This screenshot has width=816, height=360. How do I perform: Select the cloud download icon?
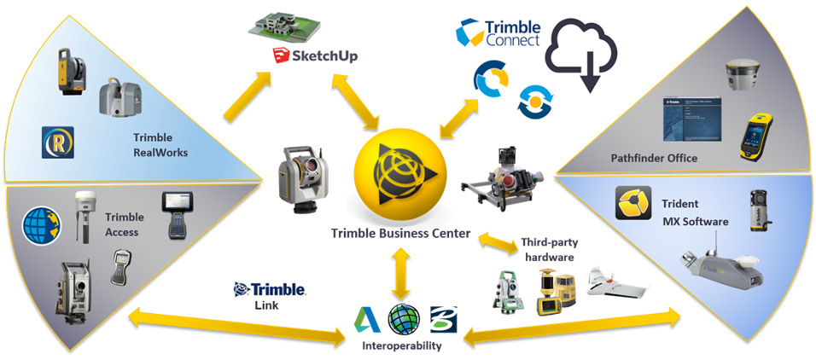click(x=586, y=54)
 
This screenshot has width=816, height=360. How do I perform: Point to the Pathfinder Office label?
click(x=654, y=158)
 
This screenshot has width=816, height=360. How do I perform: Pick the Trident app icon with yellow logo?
click(x=633, y=203)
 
